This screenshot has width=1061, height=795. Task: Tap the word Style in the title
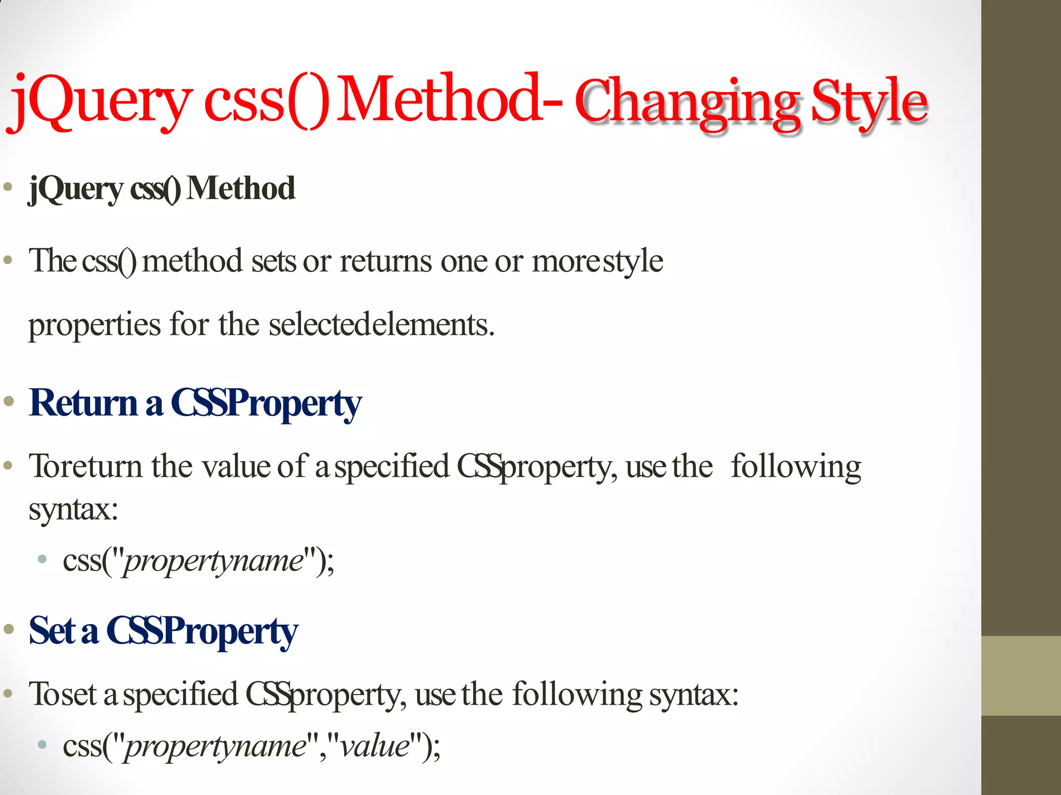869,102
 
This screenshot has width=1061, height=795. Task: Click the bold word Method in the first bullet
241,188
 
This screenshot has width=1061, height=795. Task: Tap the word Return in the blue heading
83,403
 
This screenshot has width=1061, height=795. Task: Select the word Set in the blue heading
52,631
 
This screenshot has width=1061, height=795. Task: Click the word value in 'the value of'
236,466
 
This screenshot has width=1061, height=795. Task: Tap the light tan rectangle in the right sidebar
1021,675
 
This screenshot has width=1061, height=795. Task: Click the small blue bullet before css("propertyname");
42,559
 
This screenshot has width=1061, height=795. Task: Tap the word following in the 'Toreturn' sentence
796,466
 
